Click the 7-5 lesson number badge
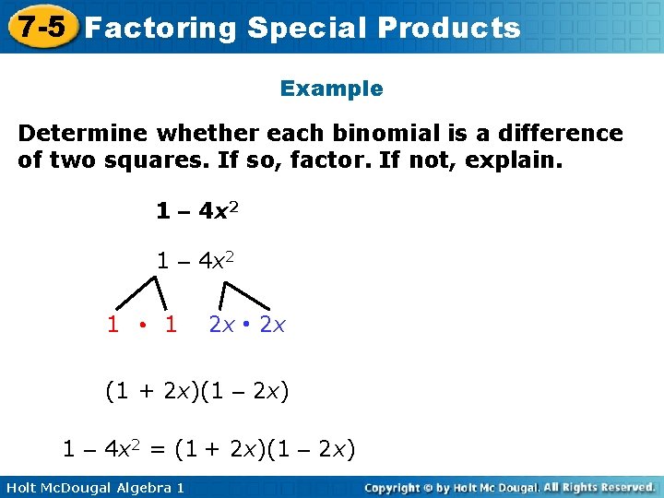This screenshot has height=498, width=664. (38, 26)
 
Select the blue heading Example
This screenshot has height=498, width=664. (331, 89)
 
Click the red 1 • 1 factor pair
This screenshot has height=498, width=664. (142, 325)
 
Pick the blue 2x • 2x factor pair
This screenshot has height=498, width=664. (248, 325)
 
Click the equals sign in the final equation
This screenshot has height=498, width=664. (157, 449)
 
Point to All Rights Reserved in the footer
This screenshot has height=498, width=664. (599, 487)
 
